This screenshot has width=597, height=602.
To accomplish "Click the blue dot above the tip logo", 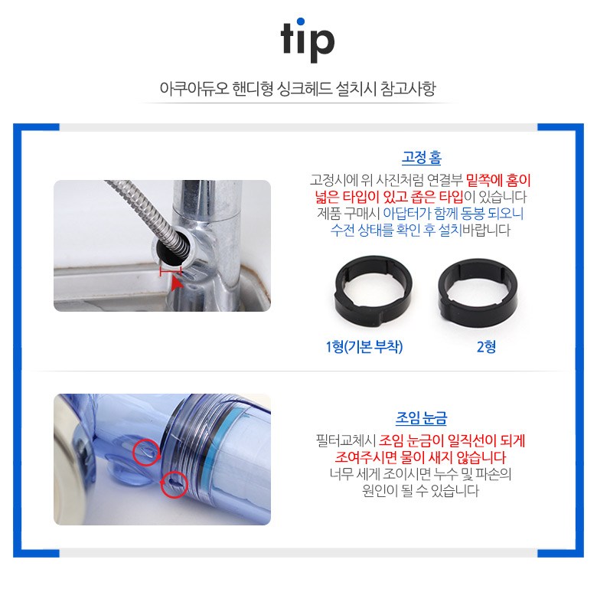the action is (x=301, y=21).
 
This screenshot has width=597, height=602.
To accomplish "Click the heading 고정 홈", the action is (x=421, y=158).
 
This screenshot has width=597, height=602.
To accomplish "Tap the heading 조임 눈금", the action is (x=421, y=417).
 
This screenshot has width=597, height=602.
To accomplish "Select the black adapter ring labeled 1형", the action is (x=374, y=285).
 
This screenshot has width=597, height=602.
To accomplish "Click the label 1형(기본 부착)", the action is (x=364, y=347).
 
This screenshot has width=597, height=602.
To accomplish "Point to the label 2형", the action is (x=486, y=347).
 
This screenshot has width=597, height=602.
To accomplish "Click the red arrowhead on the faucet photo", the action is (x=177, y=283).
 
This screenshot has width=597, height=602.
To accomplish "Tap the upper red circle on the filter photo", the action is (x=146, y=453).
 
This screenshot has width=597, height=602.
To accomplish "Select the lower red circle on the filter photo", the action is (x=174, y=484).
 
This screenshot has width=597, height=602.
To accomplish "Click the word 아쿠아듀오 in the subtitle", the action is (x=194, y=89).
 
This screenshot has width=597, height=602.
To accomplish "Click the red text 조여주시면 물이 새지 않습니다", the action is (x=420, y=457).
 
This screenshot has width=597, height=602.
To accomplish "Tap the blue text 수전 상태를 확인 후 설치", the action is (x=396, y=230).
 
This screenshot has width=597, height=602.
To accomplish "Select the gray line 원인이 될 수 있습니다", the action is (x=420, y=490).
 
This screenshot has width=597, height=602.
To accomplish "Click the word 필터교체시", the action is (x=345, y=440).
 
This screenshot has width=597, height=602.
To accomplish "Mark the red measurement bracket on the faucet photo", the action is (x=171, y=271).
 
